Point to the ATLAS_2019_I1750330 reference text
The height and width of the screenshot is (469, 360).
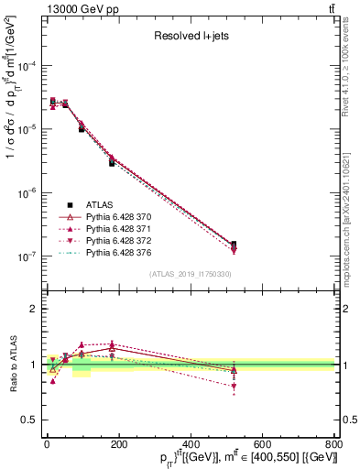pos(190,274)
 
